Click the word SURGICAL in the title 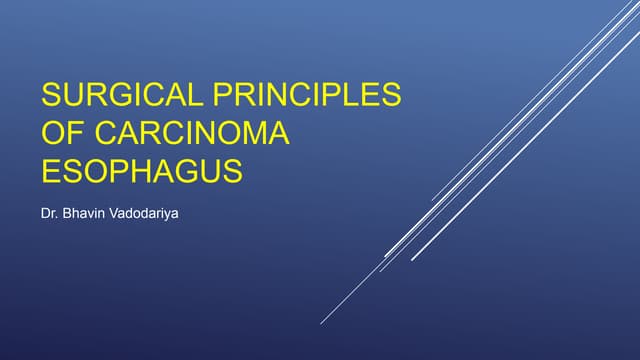(122, 96)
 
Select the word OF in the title (59, 133)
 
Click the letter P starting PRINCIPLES (222, 96)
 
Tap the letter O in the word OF (51, 133)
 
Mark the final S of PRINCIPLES (391, 96)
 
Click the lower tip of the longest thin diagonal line (321, 323)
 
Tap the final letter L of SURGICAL (197, 96)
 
